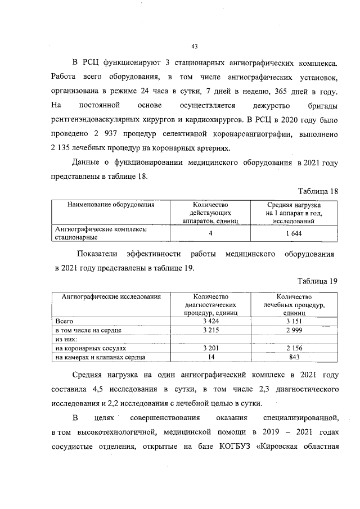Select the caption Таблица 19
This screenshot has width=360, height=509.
317,281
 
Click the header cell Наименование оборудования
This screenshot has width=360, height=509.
110,205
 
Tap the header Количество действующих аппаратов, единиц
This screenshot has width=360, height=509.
209,213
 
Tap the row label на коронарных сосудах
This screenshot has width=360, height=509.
87,349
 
